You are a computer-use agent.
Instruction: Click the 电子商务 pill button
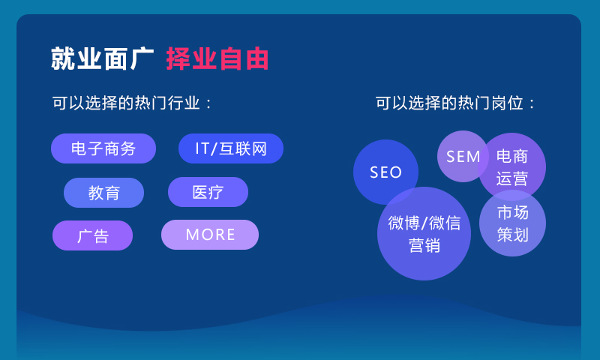point(103,148)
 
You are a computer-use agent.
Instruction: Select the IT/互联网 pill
point(231,148)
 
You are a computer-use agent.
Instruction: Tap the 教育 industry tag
point(103,193)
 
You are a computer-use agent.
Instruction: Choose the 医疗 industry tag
point(208,192)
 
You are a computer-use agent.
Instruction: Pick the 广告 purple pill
point(92,235)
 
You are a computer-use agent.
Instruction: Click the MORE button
point(210,235)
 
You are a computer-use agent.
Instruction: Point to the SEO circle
point(385,172)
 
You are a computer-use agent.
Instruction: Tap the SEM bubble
point(463,156)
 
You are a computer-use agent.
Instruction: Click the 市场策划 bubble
point(512,223)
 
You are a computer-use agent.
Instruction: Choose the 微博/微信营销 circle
point(424,233)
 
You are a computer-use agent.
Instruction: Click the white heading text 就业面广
point(102,58)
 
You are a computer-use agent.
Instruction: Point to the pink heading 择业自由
point(217,58)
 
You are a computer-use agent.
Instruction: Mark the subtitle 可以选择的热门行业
point(132,103)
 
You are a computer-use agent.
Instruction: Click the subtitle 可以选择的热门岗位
point(456,103)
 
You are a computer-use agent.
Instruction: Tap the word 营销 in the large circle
point(424,245)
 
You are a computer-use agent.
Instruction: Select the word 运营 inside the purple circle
point(512,178)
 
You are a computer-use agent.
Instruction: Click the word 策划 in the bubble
point(512,235)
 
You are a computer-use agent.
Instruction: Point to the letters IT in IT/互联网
point(202,148)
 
